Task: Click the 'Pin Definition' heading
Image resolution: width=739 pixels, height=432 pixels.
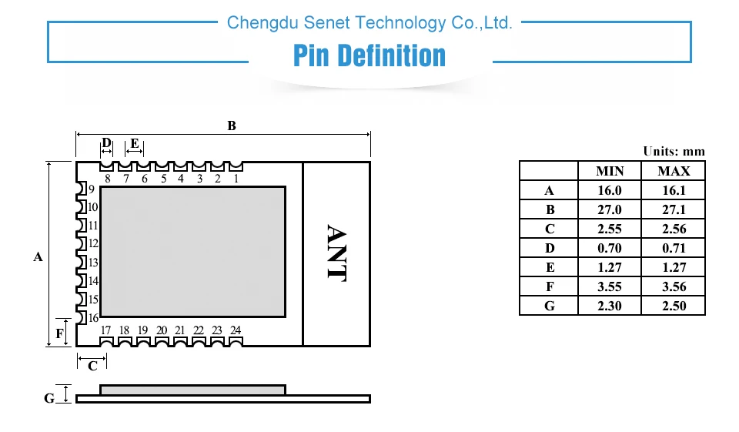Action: pyautogui.click(x=369, y=56)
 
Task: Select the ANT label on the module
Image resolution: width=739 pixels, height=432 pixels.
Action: pyautogui.click(x=336, y=253)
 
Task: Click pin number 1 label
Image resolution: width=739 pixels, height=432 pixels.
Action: pyautogui.click(x=236, y=179)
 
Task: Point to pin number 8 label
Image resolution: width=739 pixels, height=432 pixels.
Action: pyautogui.click(x=107, y=179)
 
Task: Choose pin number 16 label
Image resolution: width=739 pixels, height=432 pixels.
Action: pyautogui.click(x=92, y=318)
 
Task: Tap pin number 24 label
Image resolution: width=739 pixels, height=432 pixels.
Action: pyautogui.click(x=236, y=330)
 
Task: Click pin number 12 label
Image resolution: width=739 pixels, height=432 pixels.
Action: pyautogui.click(x=92, y=244)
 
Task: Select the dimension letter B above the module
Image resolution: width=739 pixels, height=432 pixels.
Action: pyautogui.click(x=231, y=126)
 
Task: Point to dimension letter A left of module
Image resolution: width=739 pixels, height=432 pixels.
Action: pyautogui.click(x=38, y=257)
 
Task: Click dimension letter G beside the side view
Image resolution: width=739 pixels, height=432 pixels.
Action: pyautogui.click(x=49, y=398)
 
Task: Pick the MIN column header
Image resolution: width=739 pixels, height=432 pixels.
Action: pyautogui.click(x=610, y=171)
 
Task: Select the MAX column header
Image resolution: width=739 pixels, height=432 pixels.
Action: pyautogui.click(x=674, y=171)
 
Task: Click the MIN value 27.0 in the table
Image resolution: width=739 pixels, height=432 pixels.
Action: pyautogui.click(x=610, y=209)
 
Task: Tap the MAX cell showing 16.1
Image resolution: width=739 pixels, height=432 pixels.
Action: pyautogui.click(x=674, y=190)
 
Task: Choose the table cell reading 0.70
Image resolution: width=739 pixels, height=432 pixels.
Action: pyautogui.click(x=610, y=248)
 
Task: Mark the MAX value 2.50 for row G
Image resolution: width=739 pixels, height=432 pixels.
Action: pyautogui.click(x=674, y=306)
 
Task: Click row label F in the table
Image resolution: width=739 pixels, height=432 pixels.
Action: pyautogui.click(x=549, y=286)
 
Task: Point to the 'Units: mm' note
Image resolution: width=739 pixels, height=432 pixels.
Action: pyautogui.click(x=674, y=152)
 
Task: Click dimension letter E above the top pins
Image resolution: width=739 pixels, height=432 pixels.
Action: pyautogui.click(x=135, y=143)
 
